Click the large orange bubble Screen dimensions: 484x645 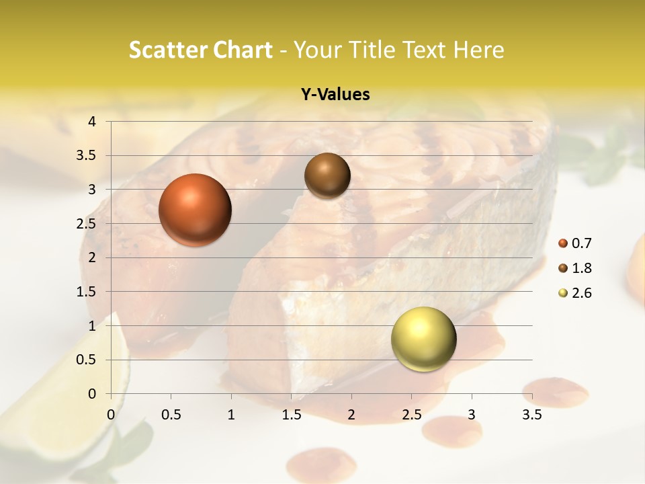point(195,210)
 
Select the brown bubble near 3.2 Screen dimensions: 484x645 point(327,175)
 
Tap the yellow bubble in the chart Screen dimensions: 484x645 point(423,339)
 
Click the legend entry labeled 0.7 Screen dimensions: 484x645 point(575,243)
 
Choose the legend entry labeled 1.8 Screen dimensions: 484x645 point(575,268)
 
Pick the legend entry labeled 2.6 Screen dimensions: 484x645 point(575,293)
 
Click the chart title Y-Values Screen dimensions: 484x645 point(335,95)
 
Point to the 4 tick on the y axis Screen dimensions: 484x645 point(92,122)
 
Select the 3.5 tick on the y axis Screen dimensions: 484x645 point(87,156)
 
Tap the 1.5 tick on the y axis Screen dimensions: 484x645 point(87,292)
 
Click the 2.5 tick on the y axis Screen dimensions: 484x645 point(87,224)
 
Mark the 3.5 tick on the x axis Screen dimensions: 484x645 point(531,415)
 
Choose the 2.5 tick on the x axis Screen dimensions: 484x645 point(411,415)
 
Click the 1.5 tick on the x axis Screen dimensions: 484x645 point(291,415)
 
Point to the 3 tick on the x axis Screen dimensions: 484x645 point(472,415)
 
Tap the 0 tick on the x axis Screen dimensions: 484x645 point(111,415)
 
